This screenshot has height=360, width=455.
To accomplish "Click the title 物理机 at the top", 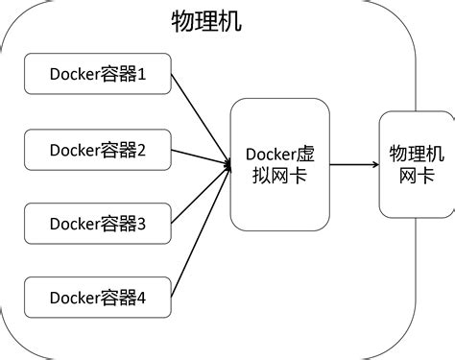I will tap(206, 22).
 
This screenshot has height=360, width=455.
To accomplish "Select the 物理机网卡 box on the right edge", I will tap(416, 164).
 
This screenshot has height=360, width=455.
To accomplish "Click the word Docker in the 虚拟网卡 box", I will tap(270, 155).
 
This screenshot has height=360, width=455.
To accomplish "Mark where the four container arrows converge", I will tap(228, 164).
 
